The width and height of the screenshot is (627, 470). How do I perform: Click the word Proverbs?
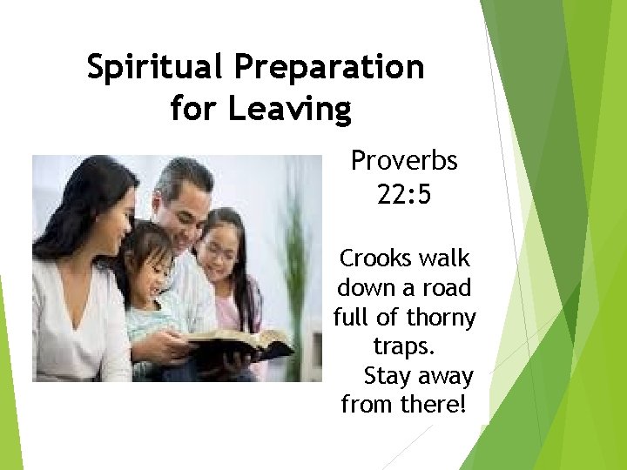403,161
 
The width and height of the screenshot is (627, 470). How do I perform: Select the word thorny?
442,319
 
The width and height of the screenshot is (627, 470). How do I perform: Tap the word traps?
403,346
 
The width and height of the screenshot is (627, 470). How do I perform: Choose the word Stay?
388,376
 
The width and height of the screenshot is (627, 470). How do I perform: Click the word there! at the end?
433,405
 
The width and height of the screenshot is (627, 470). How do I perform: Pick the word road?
444,288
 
